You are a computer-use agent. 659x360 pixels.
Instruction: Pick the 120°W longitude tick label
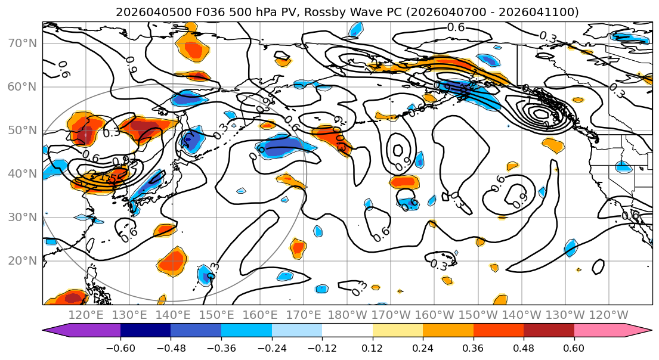click(608, 315)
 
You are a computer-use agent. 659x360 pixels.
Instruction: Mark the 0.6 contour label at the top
click(456, 27)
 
